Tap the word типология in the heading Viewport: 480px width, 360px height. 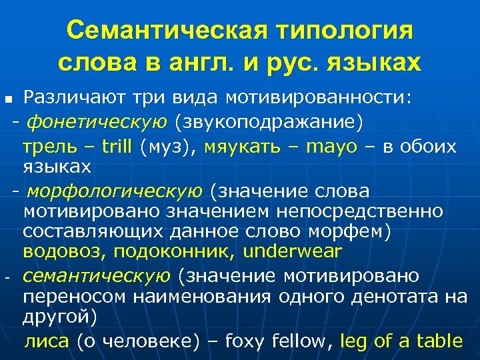(x=347, y=31)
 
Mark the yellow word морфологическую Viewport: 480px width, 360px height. (x=114, y=192)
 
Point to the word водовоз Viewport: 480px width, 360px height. (x=63, y=252)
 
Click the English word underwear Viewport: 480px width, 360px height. (x=293, y=252)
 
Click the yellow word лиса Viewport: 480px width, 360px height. (x=47, y=342)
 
